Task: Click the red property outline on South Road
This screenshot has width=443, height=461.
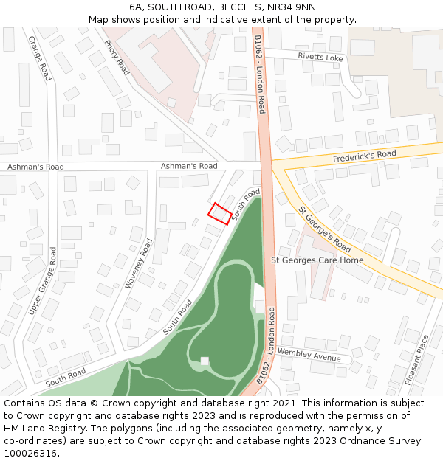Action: pyautogui.click(x=219, y=213)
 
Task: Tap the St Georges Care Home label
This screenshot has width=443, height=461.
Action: pyautogui.click(x=317, y=260)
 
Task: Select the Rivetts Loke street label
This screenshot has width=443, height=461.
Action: pyautogui.click(x=320, y=57)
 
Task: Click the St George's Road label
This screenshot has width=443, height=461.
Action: pyautogui.click(x=325, y=229)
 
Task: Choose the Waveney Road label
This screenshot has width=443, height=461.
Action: pyautogui.click(x=138, y=263)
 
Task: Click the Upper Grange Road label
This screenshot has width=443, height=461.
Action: pyautogui.click(x=42, y=281)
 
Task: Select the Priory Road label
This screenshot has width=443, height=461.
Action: pyautogui.click(x=117, y=57)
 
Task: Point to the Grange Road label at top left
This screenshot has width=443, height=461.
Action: pyautogui.click(x=40, y=58)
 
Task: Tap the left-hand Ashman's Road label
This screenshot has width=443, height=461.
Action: pyautogui.click(x=35, y=167)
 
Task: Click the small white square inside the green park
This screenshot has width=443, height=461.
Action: pyautogui.click(x=205, y=361)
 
